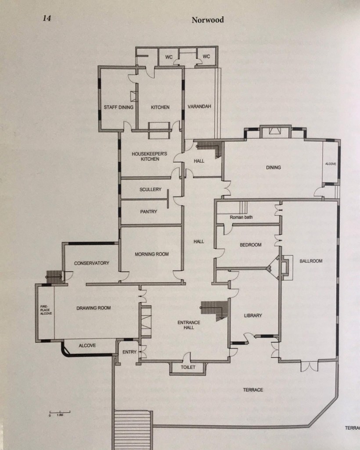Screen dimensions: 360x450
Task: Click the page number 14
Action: pos(47,18)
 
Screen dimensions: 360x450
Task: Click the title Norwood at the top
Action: pos(208,20)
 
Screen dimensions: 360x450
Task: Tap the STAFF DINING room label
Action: pos(119,107)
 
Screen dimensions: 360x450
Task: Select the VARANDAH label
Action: pos(199,106)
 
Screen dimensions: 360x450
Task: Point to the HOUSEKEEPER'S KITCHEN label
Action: pos(149,156)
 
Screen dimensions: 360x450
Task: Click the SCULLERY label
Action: pos(151,189)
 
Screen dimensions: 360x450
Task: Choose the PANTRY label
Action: pos(148,211)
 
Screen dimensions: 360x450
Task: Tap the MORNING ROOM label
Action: pos(151,254)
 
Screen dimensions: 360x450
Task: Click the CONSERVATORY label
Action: pos(91,263)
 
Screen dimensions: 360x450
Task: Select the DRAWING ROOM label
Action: pos(94,308)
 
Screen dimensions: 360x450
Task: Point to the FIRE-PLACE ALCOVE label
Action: pos(46,310)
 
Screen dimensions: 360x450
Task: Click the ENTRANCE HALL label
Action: pos(189,325)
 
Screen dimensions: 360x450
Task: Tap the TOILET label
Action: pos(188,367)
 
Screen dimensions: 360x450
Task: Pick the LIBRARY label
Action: pos(253,316)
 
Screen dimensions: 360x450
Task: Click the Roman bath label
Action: pos(241,217)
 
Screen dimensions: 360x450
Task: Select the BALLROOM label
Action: pos(311,261)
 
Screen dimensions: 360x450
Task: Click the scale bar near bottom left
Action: pos(60,413)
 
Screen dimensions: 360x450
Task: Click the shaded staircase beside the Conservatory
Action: pos(54,277)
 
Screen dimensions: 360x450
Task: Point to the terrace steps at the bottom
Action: pos(133,430)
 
